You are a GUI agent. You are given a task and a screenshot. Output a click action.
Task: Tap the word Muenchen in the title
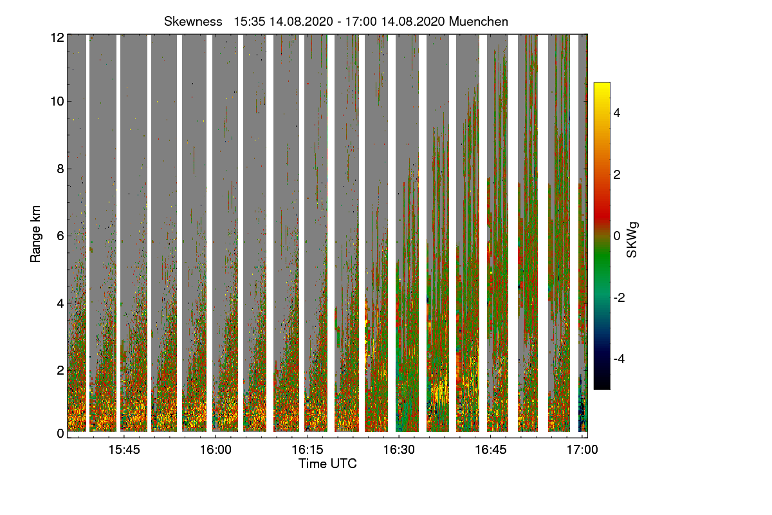click(x=479, y=21)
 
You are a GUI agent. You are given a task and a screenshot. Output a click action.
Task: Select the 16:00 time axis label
click(x=216, y=449)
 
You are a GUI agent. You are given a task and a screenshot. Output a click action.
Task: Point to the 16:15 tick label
click(x=308, y=449)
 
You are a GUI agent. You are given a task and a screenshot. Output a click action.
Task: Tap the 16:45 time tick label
click(x=491, y=449)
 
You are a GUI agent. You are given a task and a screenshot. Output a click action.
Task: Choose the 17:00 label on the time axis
click(x=582, y=449)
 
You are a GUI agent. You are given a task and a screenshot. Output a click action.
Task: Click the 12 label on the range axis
click(x=57, y=37)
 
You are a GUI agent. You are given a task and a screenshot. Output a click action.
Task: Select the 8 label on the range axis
click(x=60, y=169)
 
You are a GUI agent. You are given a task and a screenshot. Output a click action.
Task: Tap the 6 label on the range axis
click(x=60, y=236)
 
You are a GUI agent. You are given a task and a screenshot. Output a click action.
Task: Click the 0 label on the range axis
click(x=60, y=433)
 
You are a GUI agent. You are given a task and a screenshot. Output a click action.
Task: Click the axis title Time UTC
click(x=327, y=464)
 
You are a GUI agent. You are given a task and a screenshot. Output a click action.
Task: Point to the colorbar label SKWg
click(x=632, y=239)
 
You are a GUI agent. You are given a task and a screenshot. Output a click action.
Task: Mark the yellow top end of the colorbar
click(x=602, y=86)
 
